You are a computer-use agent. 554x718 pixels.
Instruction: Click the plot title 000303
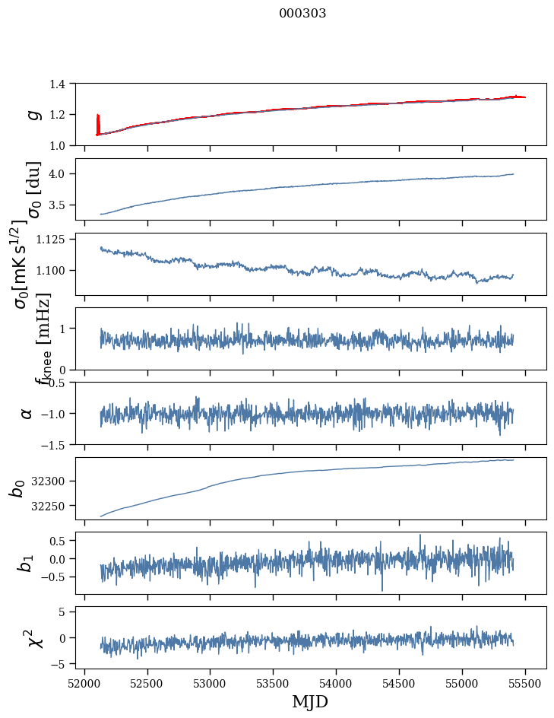point(302,13)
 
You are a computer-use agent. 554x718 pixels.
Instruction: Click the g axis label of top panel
point(32,114)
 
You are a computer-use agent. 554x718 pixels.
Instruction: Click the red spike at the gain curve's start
point(98,123)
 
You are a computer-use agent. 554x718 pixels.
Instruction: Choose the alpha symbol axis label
point(27,413)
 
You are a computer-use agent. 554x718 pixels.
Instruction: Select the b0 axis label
point(17,488)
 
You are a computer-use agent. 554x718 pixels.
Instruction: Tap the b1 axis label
point(27,563)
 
